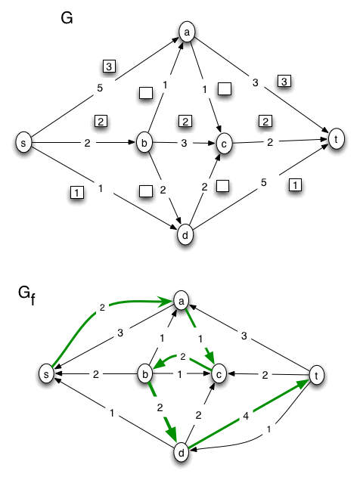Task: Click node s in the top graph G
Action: click(x=23, y=142)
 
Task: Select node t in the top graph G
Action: click(x=336, y=138)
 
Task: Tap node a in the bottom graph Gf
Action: click(x=182, y=301)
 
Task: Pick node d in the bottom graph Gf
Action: click(x=182, y=452)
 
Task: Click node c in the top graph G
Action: click(x=224, y=144)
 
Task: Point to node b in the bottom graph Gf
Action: click(x=144, y=373)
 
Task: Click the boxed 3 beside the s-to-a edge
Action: click(x=109, y=66)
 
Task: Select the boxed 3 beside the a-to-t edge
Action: click(x=284, y=81)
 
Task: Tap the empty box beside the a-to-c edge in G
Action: click(x=225, y=88)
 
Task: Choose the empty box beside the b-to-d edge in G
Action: click(x=146, y=190)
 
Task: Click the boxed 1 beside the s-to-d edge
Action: click(x=77, y=193)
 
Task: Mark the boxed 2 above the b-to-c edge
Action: click(x=185, y=121)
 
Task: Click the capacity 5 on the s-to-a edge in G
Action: click(x=100, y=88)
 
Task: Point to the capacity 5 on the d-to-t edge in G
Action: click(x=263, y=182)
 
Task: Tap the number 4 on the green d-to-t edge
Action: click(x=245, y=416)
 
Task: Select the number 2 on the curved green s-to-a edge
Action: click(x=102, y=308)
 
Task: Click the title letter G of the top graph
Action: click(x=67, y=17)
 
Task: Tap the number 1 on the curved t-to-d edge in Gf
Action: click(x=268, y=429)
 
